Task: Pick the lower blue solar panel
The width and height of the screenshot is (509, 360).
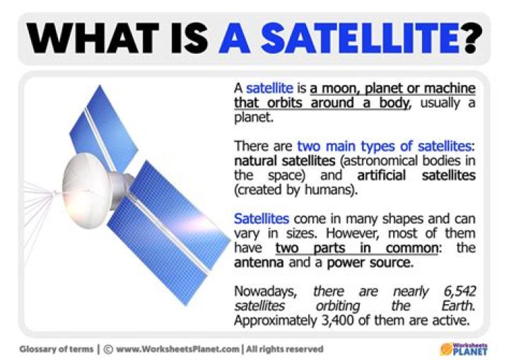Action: pyautogui.click(x=166, y=233)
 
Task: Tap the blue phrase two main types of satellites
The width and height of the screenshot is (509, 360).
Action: pyautogui.click(x=384, y=146)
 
